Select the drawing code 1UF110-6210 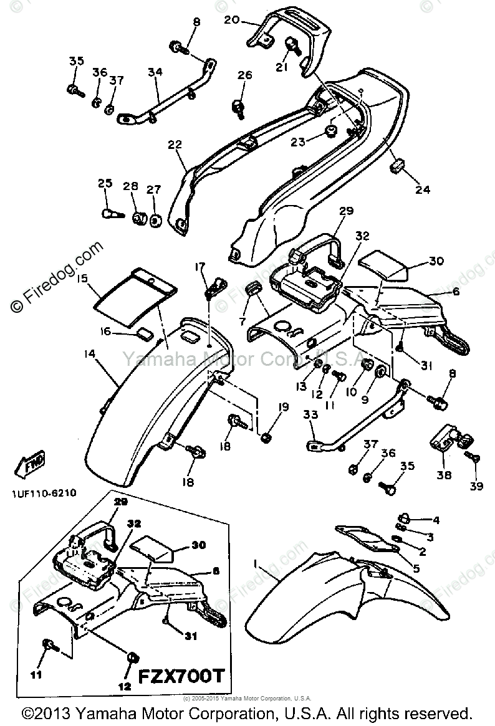43,492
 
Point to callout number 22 175,145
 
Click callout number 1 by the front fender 254,563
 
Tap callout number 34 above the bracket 155,72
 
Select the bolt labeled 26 239,106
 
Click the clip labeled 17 214,287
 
